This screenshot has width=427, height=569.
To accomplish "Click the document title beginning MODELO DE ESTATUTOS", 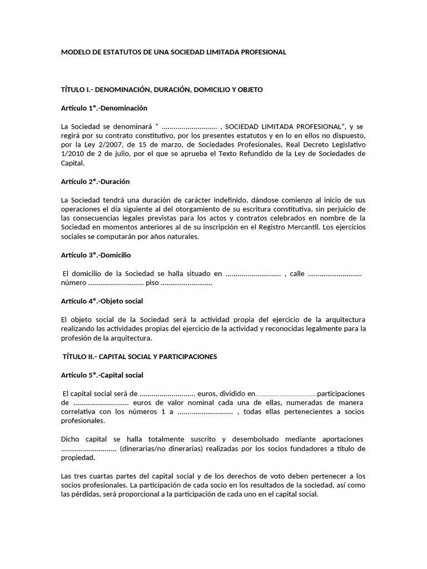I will pyautogui.click(x=173, y=52).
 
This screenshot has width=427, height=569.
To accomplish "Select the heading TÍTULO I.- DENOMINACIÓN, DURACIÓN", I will pyautogui.click(x=161, y=89).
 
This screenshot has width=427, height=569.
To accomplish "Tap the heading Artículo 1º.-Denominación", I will pyautogui.click(x=104, y=108).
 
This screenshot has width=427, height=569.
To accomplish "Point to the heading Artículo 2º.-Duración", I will pyautogui.click(x=95, y=182).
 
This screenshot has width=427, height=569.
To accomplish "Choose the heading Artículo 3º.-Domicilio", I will pyautogui.click(x=96, y=255).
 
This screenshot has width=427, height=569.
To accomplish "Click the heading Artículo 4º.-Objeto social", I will pyautogui.click(x=102, y=301).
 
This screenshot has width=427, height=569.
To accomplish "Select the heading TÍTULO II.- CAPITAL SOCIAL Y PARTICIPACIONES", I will pyautogui.click(x=140, y=356).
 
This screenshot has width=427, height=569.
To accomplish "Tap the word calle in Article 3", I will pyautogui.click(x=297, y=273).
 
